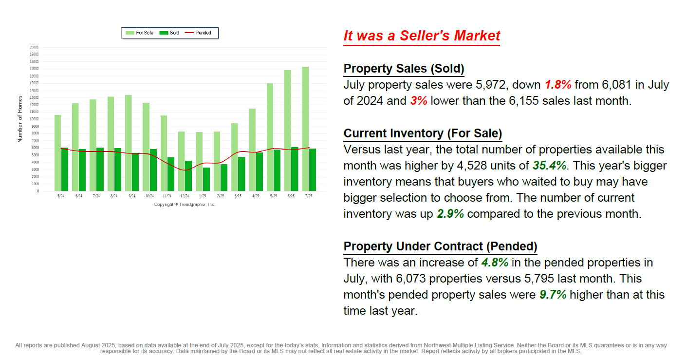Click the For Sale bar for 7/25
pyautogui.click(x=305, y=129)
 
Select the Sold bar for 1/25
pyautogui.click(x=206, y=179)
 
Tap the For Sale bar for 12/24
pyautogui.click(x=181, y=161)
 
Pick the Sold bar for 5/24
pyautogui.click(x=65, y=169)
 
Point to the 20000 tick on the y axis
pyautogui.click(x=34, y=47)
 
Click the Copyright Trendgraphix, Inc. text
pyautogui.click(x=185, y=205)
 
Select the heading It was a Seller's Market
pyautogui.click(x=422, y=36)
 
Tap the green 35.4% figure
pyautogui.click(x=549, y=165)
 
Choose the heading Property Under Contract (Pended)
pyautogui.click(x=440, y=246)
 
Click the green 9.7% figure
pyautogui.click(x=553, y=295)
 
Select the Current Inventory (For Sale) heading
pyautogui.click(x=423, y=133)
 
